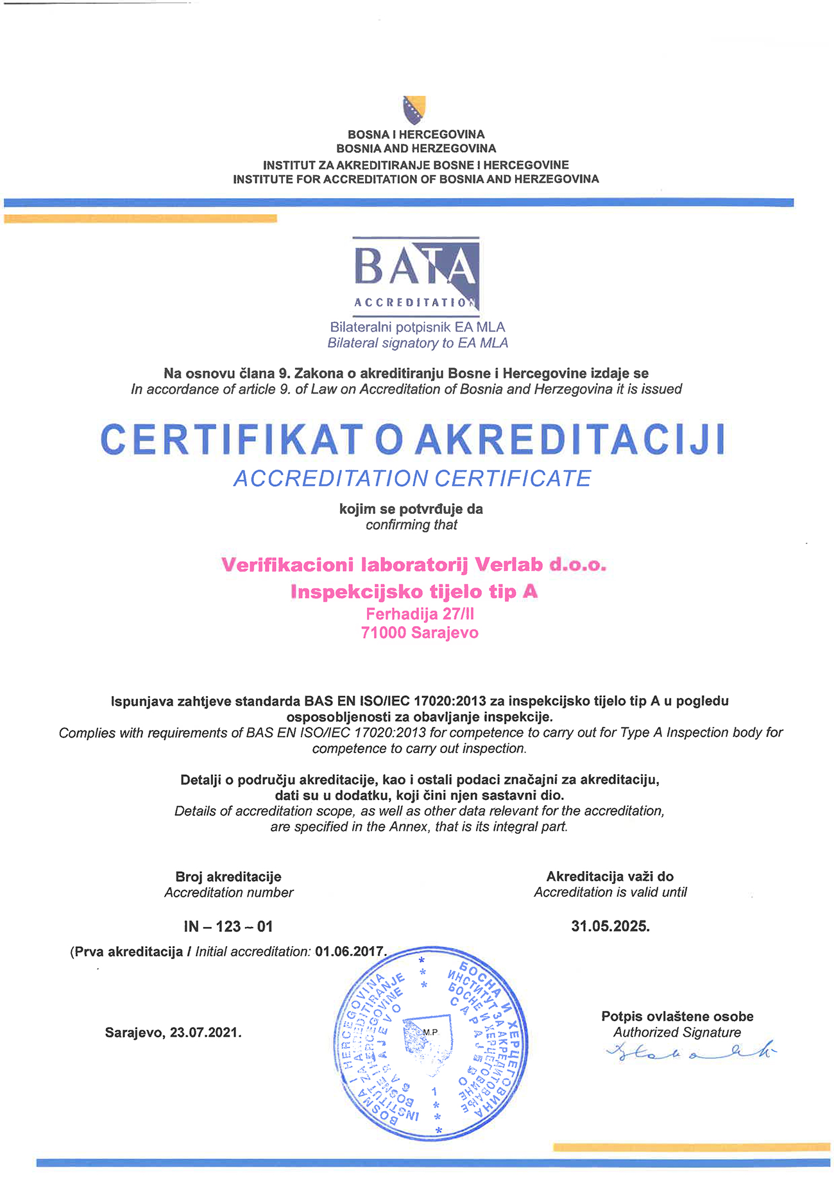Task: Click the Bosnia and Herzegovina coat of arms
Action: pos(414,110)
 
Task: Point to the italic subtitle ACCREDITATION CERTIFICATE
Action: pos(413,479)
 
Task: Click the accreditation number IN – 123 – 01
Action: pos(228,926)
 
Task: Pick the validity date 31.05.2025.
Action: pos(610,926)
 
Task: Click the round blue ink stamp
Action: pos(431,1042)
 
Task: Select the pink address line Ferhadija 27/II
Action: pos(420,614)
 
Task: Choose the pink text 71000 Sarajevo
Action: pos(420,633)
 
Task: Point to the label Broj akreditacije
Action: pos(228,876)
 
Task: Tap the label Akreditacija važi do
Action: pos(610,876)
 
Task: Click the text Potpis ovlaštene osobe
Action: pos(677,1016)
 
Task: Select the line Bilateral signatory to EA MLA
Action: pos(418,343)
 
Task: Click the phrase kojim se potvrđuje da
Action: pos(411,509)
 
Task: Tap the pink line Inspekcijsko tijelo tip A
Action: pos(414,591)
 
